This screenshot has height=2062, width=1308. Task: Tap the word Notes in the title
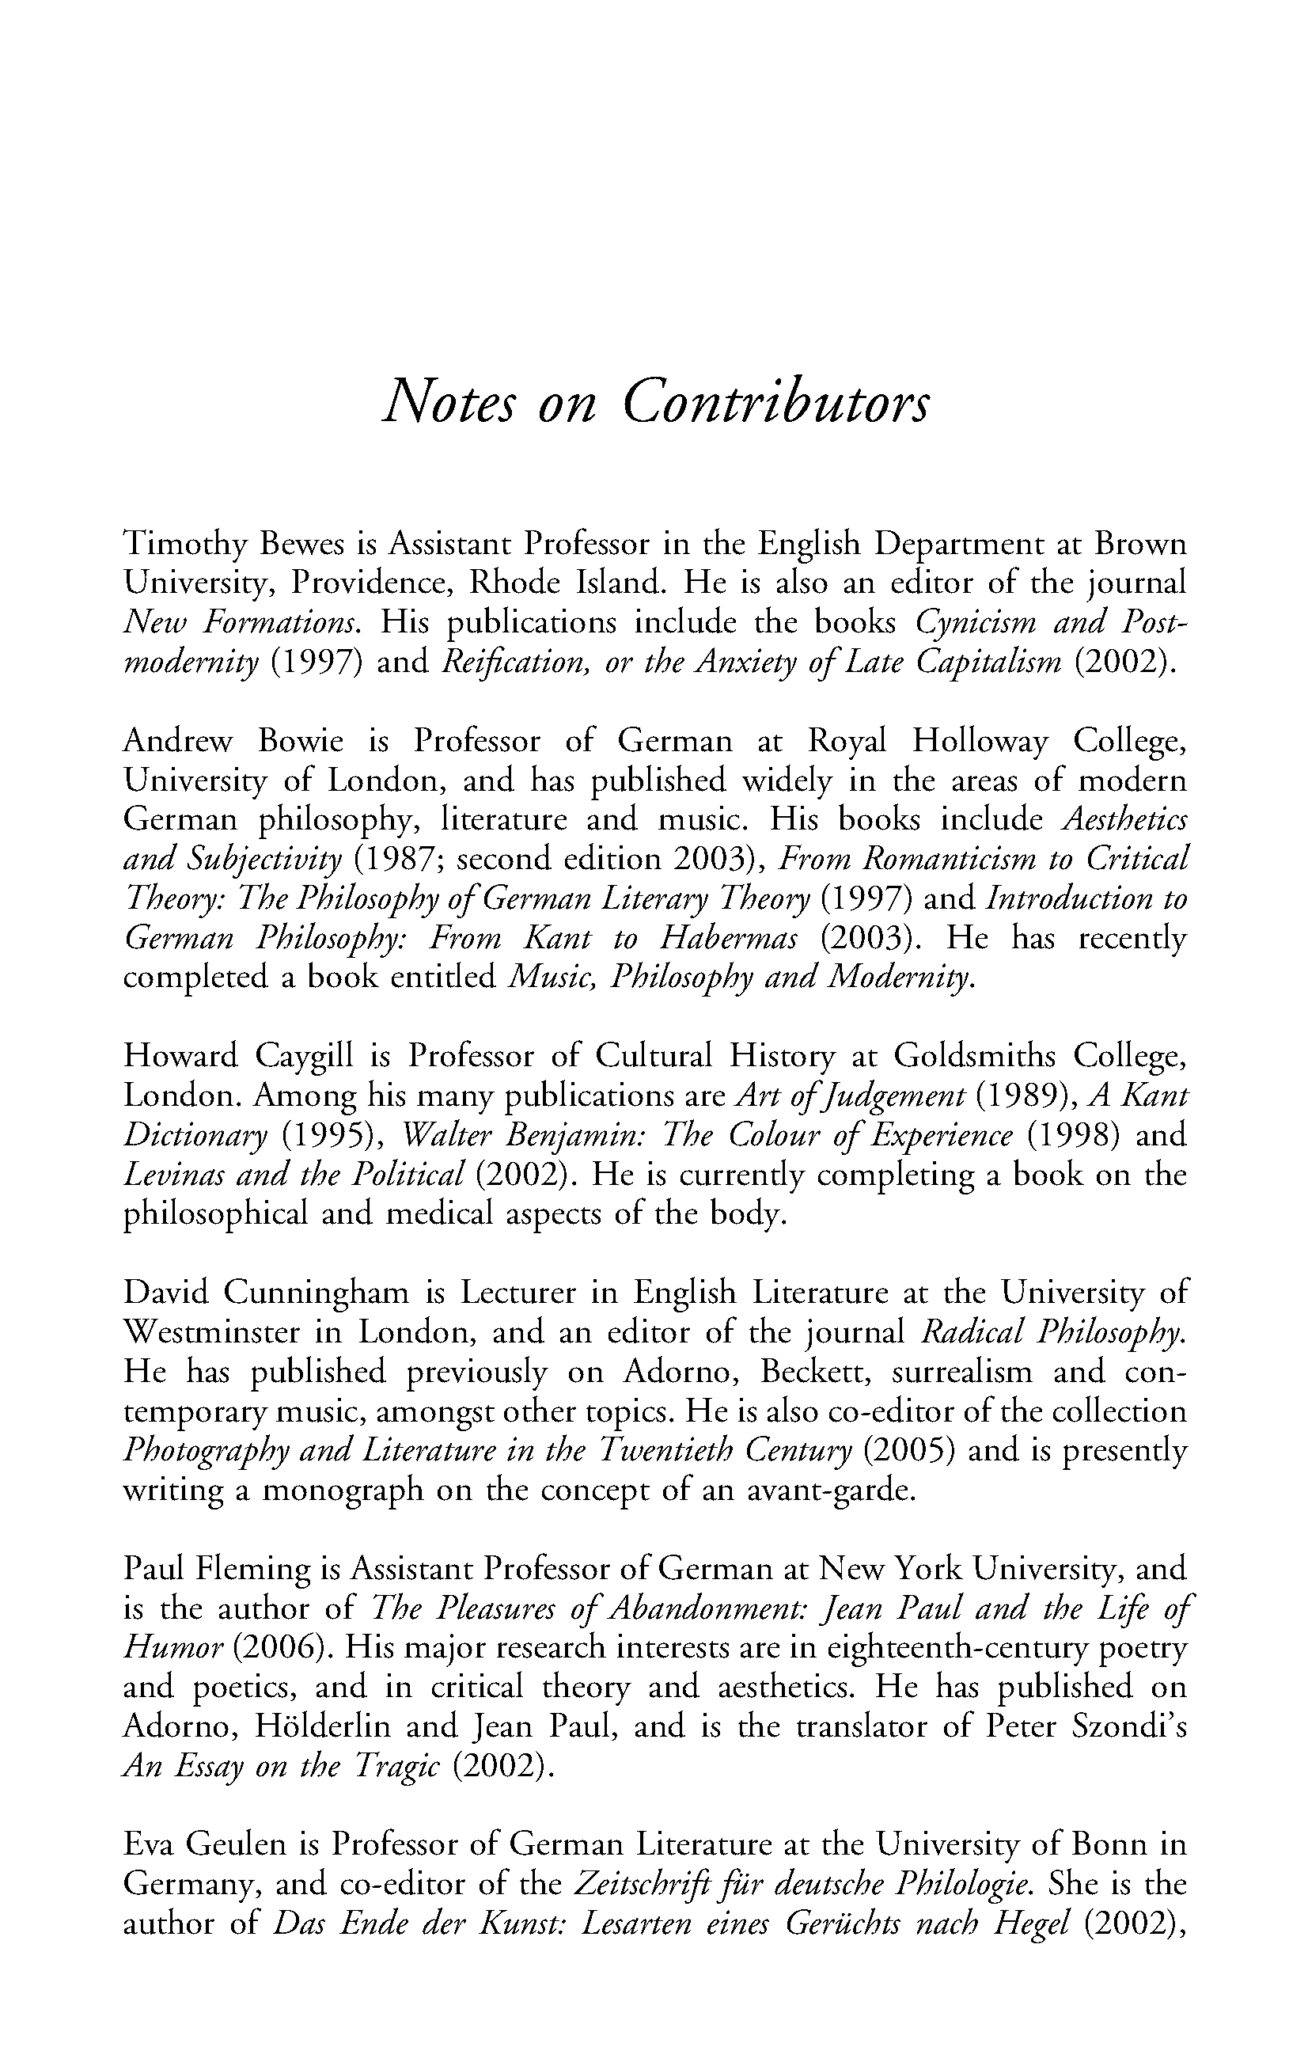coord(449,402)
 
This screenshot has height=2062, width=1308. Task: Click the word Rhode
coord(513,583)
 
